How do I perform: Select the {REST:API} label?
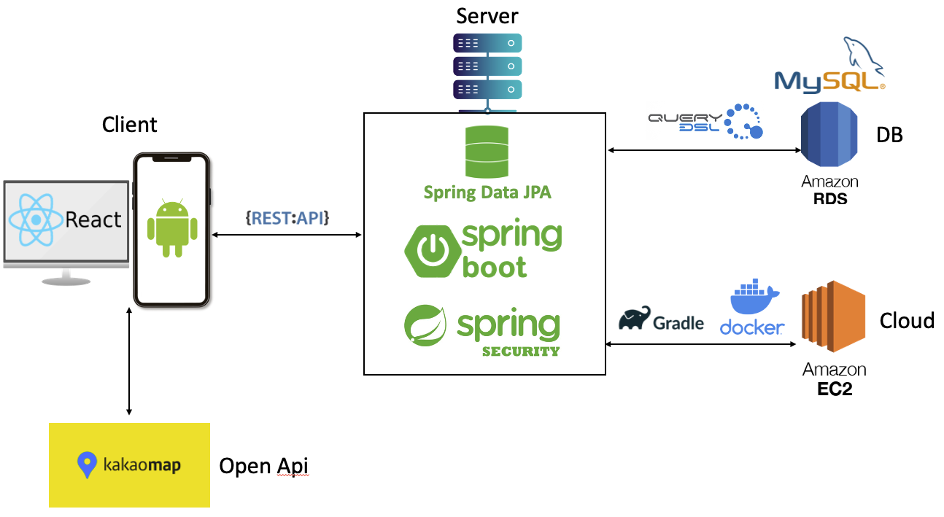(287, 217)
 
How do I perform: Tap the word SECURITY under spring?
(520, 351)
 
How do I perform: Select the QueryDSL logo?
(705, 122)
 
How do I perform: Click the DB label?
(889, 135)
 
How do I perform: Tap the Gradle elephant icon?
(635, 319)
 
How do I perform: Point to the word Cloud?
(907, 320)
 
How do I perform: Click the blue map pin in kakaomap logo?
(88, 464)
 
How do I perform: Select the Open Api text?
(264, 465)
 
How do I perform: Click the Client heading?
(129, 125)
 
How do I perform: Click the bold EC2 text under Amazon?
(834, 388)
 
